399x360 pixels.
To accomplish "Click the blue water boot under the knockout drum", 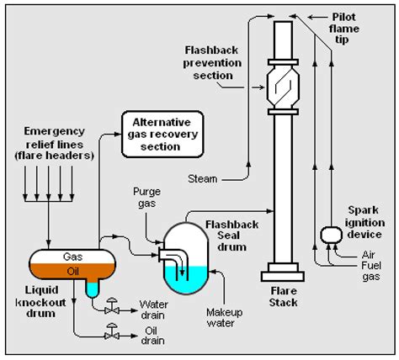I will [x=89, y=287].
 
